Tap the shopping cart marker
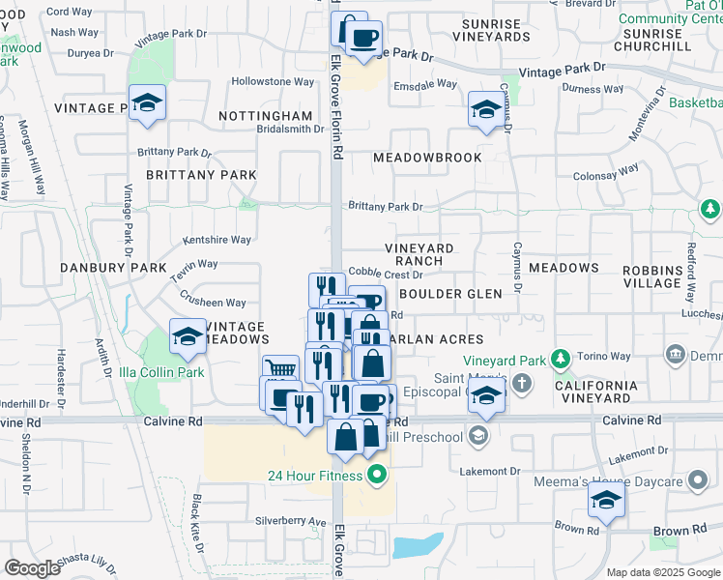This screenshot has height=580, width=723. pyautogui.click(x=279, y=369)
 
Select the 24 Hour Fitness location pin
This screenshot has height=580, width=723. pyautogui.click(x=377, y=475)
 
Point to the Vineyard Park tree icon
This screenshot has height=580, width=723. pyautogui.click(x=559, y=362)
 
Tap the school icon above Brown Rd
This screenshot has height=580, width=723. pyautogui.click(x=605, y=499)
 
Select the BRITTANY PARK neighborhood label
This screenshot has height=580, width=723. pyautogui.click(x=201, y=175)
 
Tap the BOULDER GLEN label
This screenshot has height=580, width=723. pyautogui.click(x=450, y=294)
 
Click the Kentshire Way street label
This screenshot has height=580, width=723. pyautogui.click(x=217, y=240)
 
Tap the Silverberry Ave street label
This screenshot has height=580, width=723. pyautogui.click(x=290, y=521)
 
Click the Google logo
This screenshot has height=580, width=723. pyautogui.click(x=33, y=567)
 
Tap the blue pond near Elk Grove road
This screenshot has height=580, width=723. pyautogui.click(x=417, y=545)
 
